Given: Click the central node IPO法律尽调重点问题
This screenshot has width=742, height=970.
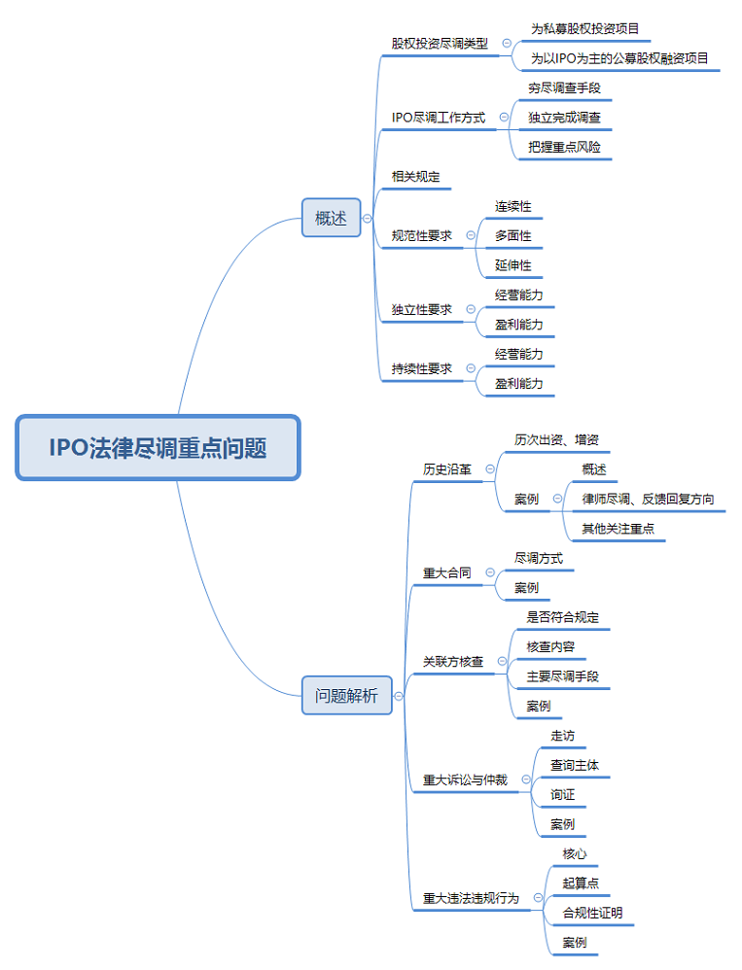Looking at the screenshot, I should coord(158,448).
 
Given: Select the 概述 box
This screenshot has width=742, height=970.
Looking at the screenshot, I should coord(331,219).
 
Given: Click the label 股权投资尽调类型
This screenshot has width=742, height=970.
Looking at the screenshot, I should coord(440,44).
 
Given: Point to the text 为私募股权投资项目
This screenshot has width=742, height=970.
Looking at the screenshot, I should coord(584,28).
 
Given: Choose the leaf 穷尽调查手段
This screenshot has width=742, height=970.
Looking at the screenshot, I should coord(564,87).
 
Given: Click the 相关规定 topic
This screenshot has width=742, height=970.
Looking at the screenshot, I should coord(415,177).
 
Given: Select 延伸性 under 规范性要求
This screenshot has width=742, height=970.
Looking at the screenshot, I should coord(512,265).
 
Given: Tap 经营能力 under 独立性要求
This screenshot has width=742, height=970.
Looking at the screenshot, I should coord(518,294).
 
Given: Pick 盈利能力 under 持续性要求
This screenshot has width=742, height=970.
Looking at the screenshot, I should coord(518,384).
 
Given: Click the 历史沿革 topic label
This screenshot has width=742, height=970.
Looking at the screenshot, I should coord(446,469).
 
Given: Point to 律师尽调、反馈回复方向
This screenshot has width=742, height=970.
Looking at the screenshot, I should coord(648,500).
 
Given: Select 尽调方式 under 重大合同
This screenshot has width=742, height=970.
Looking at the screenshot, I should coord(538,559).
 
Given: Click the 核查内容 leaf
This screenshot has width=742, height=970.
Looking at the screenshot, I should coord(550,646).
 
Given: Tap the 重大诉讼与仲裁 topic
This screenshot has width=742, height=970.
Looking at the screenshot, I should coord(465,779).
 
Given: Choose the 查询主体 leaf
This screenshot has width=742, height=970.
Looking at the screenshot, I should coord(574,766).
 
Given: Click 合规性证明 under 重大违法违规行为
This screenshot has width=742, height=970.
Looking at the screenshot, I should coord(592,914).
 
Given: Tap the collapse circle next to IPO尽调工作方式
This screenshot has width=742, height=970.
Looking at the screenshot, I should coord(504,118).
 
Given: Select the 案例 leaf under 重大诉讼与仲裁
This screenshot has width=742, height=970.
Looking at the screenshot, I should coord(562,824).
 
